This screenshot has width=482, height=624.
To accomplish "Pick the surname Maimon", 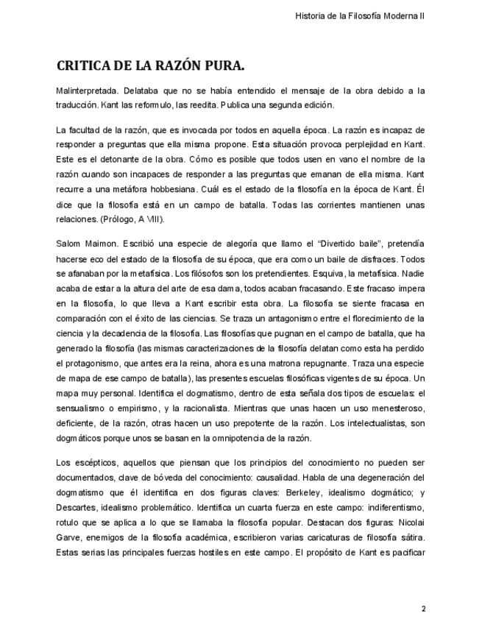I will tap(99, 243).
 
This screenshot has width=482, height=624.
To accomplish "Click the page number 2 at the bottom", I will tap(423, 609).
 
